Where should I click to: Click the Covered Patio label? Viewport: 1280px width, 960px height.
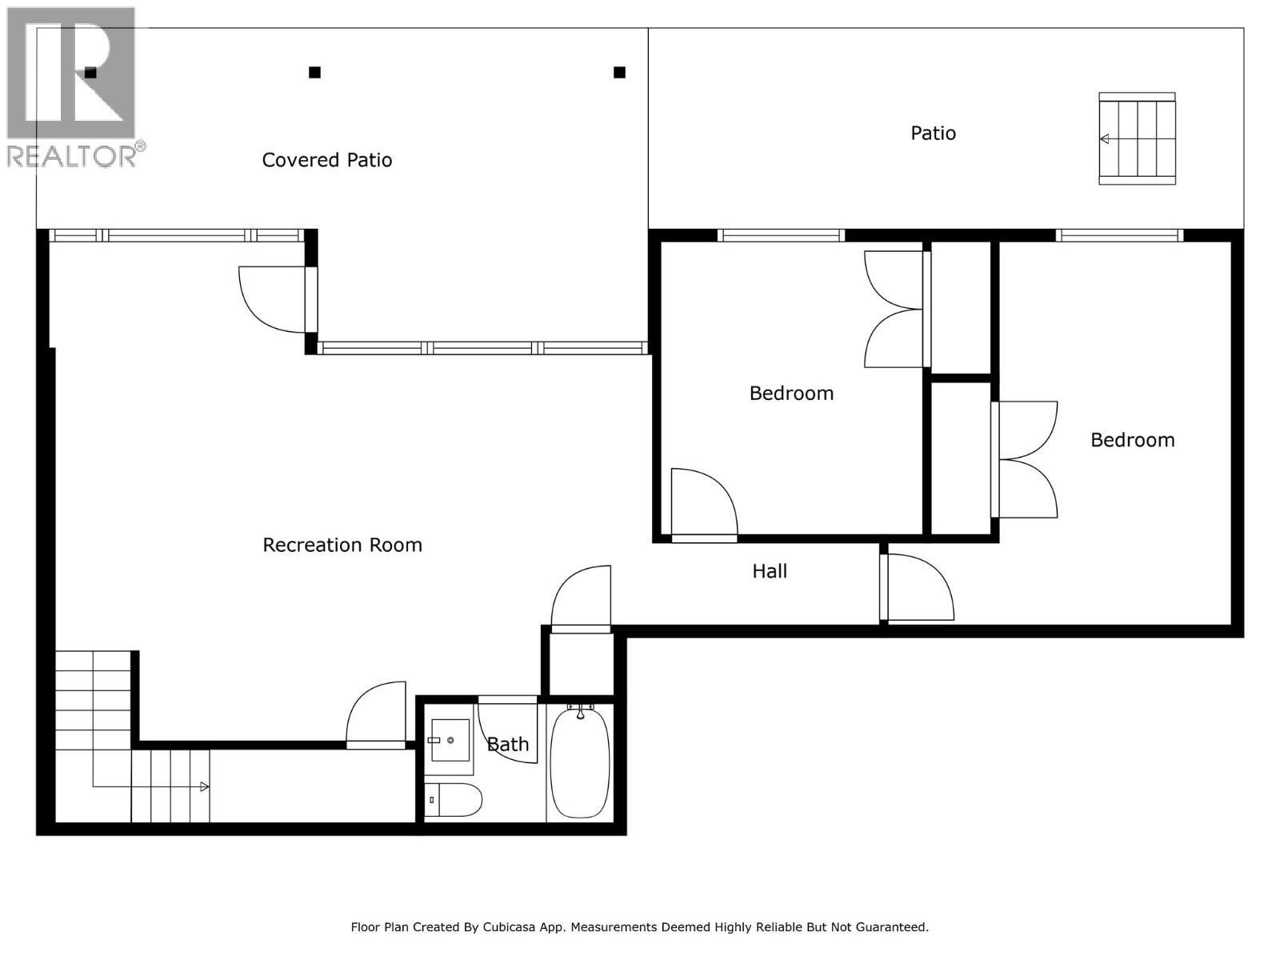coord(327,160)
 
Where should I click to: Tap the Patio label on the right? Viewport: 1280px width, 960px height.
coord(933,133)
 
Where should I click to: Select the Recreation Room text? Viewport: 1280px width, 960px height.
coord(342,545)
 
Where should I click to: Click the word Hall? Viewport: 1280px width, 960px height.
coord(770,571)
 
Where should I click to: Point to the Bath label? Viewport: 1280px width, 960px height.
coord(508,744)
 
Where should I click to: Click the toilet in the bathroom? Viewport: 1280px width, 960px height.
coord(453,799)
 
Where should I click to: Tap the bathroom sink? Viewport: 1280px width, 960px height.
coord(450,741)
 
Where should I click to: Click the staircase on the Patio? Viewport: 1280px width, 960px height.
coord(1137,138)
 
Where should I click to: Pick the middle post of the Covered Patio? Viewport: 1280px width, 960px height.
coord(314,73)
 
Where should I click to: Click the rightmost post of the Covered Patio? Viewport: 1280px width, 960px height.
coord(619,73)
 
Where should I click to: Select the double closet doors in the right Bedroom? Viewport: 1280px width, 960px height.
coord(1026,459)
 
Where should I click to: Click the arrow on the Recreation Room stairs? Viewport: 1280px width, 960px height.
coord(204,787)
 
